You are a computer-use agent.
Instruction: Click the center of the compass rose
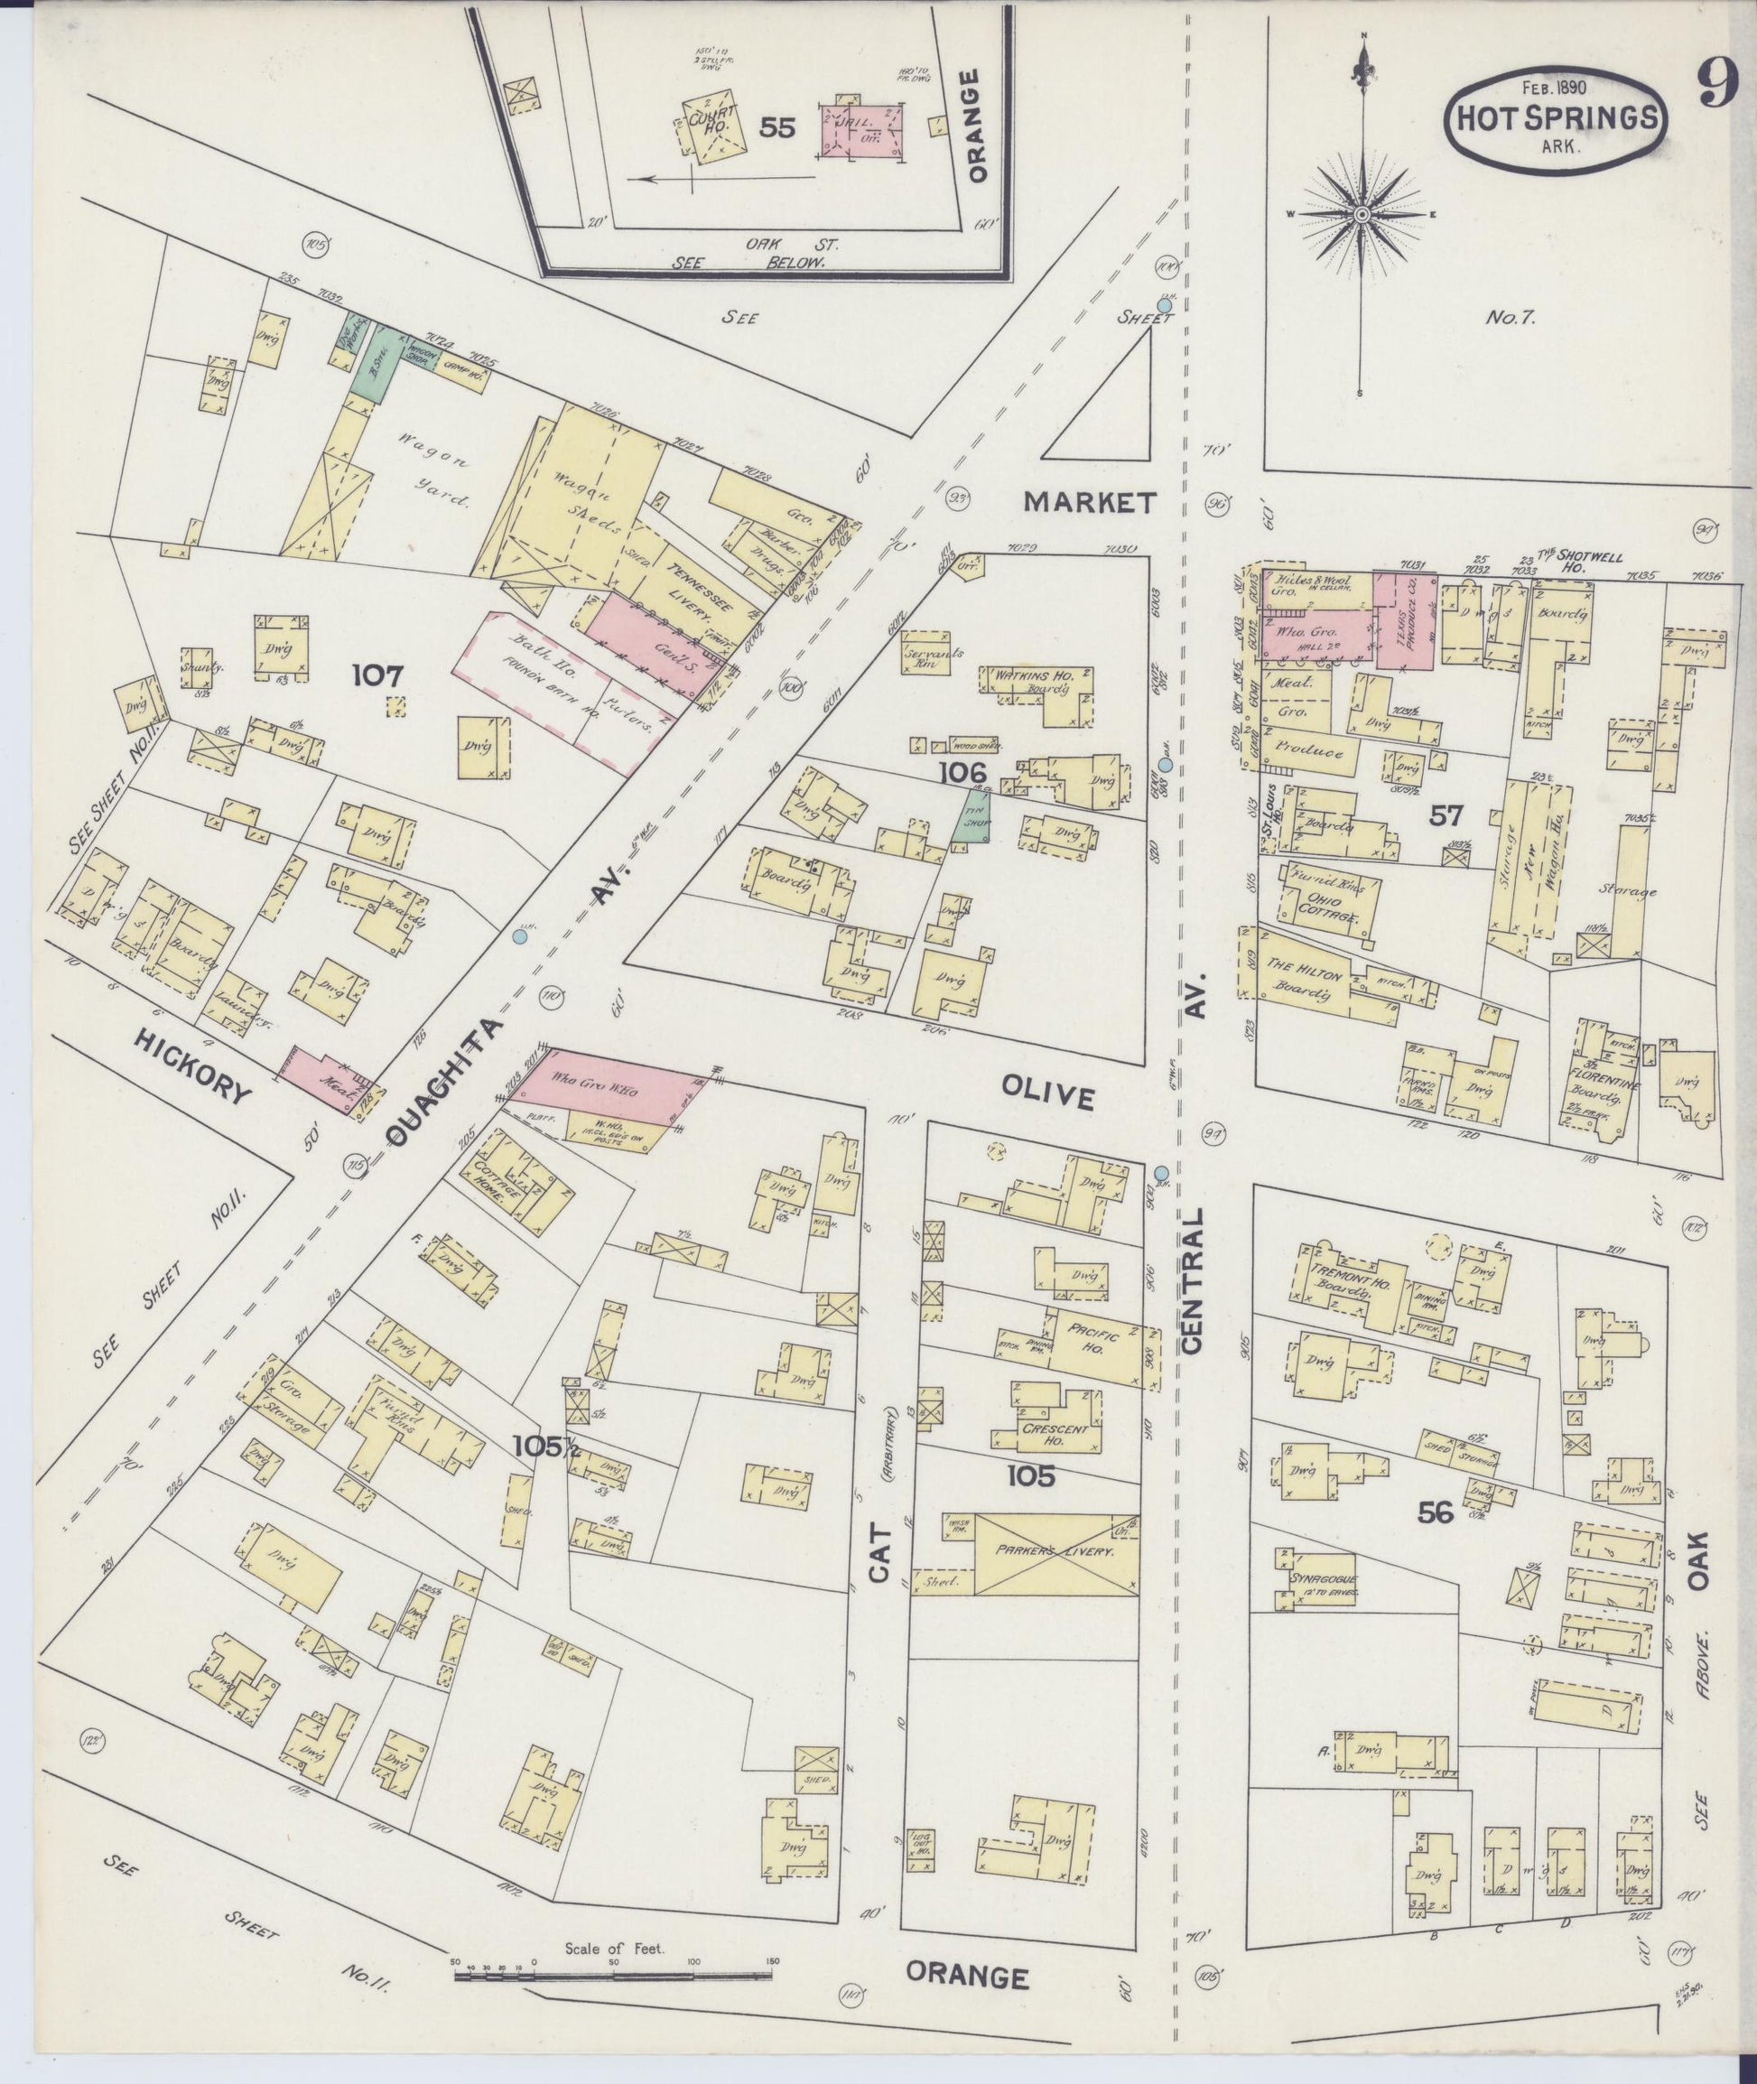click(1362, 215)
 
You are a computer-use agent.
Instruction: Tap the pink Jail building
click(860, 128)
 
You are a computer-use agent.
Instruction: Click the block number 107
click(377, 677)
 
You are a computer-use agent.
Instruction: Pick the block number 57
click(1446, 816)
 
